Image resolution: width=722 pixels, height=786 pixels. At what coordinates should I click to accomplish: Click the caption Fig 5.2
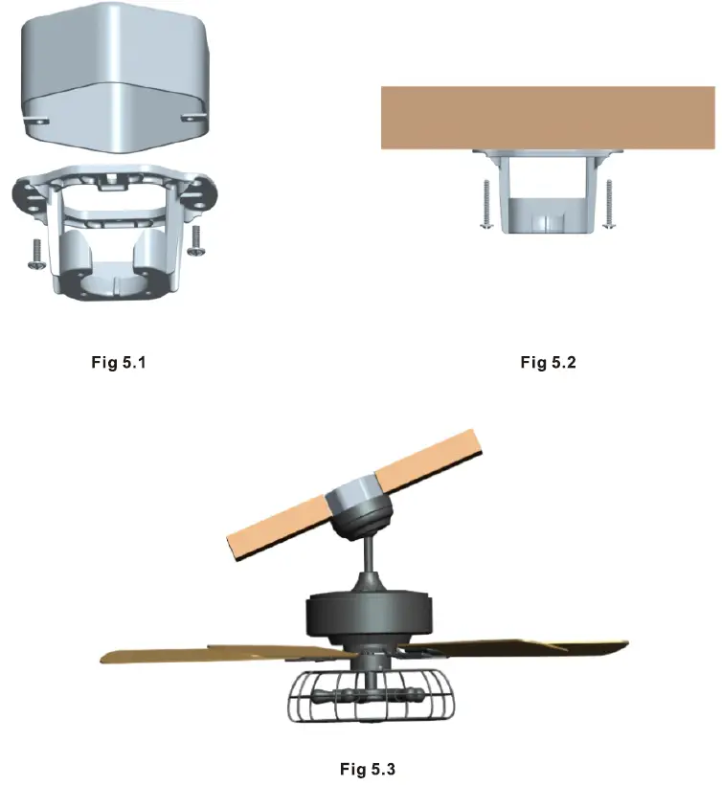click(549, 363)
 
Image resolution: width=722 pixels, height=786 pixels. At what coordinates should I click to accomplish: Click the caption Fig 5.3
click(368, 769)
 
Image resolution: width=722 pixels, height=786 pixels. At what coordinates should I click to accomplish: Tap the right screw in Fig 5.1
click(196, 240)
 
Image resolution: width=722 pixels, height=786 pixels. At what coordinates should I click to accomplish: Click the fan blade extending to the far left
click(192, 656)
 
